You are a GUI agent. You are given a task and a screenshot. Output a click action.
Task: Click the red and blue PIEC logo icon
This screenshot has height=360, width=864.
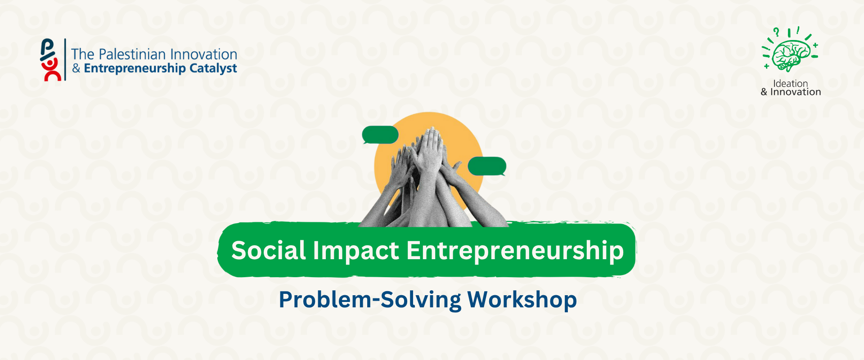[x=50, y=60]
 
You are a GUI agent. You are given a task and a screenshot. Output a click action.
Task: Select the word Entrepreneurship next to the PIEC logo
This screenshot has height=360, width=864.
[x=135, y=68]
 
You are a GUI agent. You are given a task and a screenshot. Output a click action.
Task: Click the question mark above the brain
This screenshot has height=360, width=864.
[x=776, y=32]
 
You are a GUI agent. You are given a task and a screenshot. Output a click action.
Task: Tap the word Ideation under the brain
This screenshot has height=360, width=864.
[x=791, y=83]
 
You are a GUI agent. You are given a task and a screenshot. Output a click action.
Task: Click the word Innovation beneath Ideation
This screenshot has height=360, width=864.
[x=796, y=92]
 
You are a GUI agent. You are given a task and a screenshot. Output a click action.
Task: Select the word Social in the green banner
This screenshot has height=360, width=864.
[x=269, y=250]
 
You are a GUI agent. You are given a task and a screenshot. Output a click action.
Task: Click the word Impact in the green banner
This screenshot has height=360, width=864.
[x=356, y=251]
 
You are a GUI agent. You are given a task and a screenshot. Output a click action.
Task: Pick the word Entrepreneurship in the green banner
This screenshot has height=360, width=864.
[x=515, y=251]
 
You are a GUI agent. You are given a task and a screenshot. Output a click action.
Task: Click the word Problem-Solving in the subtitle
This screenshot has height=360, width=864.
[x=370, y=300]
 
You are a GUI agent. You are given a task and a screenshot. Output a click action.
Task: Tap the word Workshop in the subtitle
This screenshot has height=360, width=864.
[x=522, y=300]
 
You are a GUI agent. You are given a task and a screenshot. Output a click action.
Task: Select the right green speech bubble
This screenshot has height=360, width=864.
[x=487, y=166]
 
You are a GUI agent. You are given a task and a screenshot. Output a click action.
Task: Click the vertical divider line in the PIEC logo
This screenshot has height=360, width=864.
[x=65, y=59]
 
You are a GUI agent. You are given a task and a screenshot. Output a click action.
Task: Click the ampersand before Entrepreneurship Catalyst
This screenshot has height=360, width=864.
[x=76, y=68]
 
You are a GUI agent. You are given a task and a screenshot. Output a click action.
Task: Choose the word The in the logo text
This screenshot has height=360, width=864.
[x=83, y=54]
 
